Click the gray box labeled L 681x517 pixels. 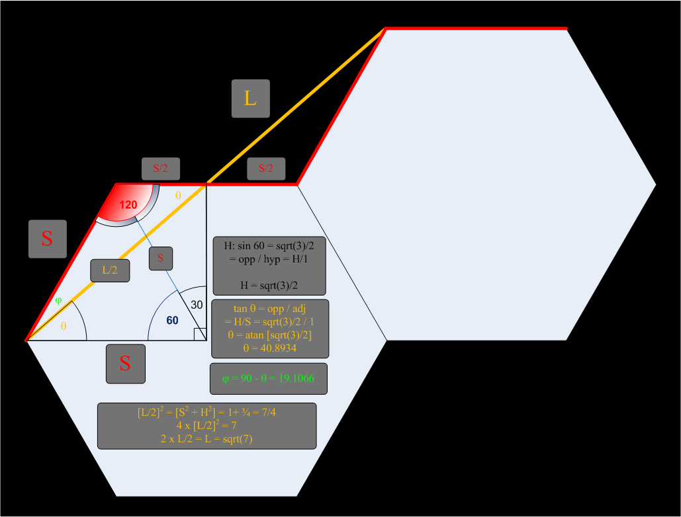pos(250,99)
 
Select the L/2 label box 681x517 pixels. pos(110,270)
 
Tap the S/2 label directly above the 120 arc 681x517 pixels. pos(160,169)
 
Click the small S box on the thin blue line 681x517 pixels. pos(161,258)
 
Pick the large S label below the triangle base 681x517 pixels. pos(125,363)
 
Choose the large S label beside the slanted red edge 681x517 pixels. pos(47,239)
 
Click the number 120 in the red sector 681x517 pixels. pos(128,205)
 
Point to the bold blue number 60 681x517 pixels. pos(172,320)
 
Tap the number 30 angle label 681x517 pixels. pos(197,305)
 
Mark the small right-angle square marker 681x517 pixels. pos(200,334)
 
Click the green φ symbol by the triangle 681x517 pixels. pos(58,301)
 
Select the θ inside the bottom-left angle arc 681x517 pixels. pos(64,326)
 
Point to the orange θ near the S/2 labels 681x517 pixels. pos(177,196)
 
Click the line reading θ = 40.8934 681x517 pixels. pos(269,348)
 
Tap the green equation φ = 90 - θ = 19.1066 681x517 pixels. pos(268,379)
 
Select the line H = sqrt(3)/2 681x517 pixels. pos(269,284)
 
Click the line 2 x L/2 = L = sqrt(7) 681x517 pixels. pos(206,438)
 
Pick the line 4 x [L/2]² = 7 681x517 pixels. pos(206,426)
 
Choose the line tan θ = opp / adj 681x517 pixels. pos(269,309)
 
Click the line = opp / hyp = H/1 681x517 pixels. pos(269,259)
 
